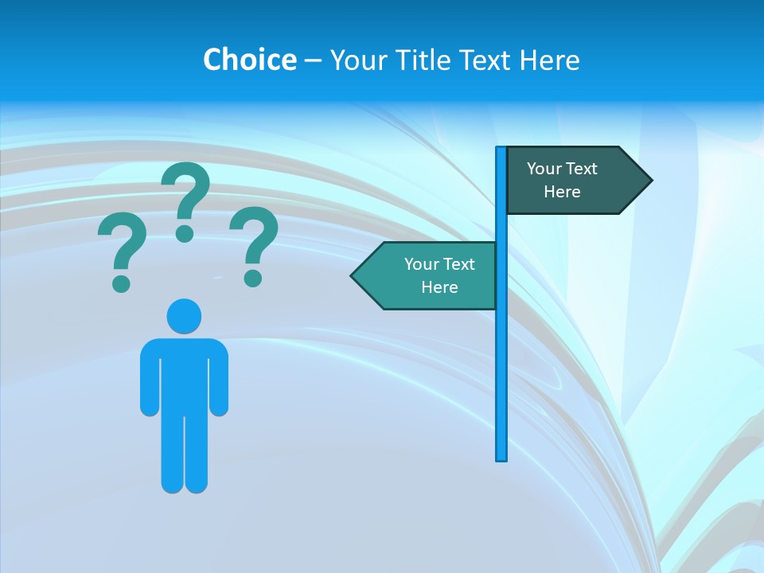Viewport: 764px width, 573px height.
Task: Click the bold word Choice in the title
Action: click(x=249, y=60)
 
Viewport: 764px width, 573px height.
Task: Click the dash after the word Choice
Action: click(x=313, y=60)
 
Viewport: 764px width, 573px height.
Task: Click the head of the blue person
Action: click(x=184, y=316)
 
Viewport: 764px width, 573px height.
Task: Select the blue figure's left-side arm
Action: click(x=150, y=378)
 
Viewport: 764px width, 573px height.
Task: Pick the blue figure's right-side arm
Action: click(x=219, y=378)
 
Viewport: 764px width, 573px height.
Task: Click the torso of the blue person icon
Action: click(x=184, y=374)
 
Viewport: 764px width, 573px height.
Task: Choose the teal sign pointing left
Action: click(x=430, y=275)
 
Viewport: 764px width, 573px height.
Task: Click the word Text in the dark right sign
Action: click(x=582, y=169)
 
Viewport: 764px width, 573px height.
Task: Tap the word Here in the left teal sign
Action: click(x=439, y=287)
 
